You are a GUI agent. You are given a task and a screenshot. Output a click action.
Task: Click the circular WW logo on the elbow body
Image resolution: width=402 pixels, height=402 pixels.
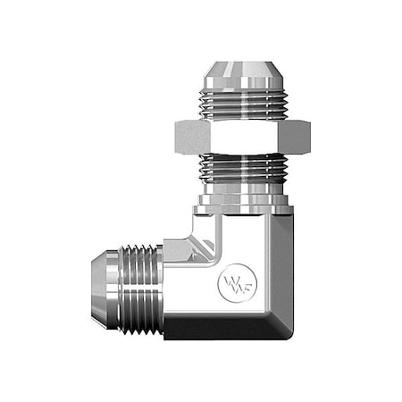(231, 285)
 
